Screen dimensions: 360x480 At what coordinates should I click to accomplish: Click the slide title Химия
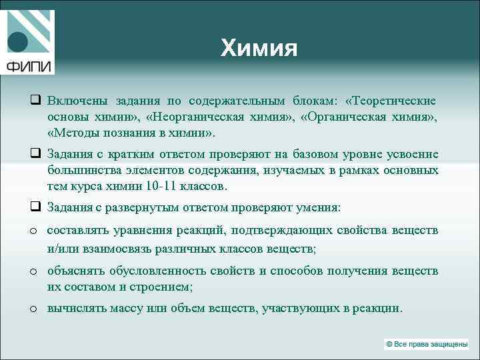pyautogui.click(x=259, y=48)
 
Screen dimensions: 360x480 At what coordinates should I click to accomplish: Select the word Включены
pyautogui.click(x=73, y=101)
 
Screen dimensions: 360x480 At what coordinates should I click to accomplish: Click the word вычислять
pyautogui.click(x=74, y=309)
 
